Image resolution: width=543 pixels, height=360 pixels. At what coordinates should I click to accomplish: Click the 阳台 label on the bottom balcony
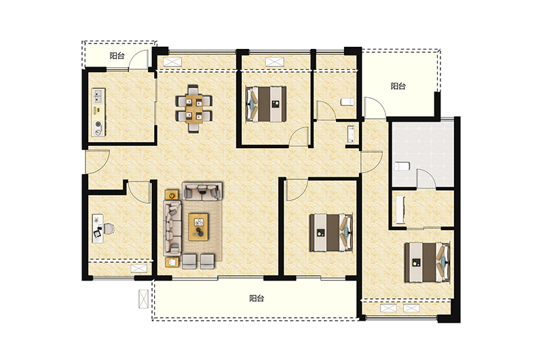[257, 298]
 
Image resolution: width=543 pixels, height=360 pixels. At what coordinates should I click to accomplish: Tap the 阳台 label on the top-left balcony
[117, 56]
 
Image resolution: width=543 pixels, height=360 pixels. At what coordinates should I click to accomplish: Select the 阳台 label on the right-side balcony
[398, 86]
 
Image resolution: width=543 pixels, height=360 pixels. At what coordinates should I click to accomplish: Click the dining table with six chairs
[194, 109]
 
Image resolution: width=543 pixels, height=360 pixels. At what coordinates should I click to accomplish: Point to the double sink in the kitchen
[98, 96]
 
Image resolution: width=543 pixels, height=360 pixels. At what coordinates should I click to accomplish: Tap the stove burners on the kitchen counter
[98, 127]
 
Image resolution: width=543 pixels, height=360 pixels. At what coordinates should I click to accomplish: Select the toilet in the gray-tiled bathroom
[402, 166]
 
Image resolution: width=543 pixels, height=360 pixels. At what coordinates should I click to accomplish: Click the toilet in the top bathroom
[347, 102]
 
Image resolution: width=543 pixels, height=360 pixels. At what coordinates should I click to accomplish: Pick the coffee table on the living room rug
[198, 227]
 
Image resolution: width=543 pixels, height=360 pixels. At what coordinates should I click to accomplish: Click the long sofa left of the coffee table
[172, 228]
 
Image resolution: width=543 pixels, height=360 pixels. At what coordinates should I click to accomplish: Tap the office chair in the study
[109, 229]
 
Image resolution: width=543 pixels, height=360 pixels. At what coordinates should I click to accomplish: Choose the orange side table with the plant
[172, 196]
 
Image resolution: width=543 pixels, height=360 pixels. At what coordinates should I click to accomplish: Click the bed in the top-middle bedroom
[266, 104]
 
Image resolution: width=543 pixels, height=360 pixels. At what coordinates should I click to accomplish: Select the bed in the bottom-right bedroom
[428, 262]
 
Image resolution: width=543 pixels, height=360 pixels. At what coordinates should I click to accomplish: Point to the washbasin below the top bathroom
[352, 134]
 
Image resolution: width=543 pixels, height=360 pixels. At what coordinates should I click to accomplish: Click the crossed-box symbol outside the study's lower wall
[143, 299]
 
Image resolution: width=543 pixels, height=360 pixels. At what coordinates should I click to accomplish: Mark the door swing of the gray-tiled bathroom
[426, 179]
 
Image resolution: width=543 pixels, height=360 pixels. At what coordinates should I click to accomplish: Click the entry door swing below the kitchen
[98, 161]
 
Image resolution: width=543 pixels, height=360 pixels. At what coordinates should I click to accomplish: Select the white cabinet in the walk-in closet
[400, 210]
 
